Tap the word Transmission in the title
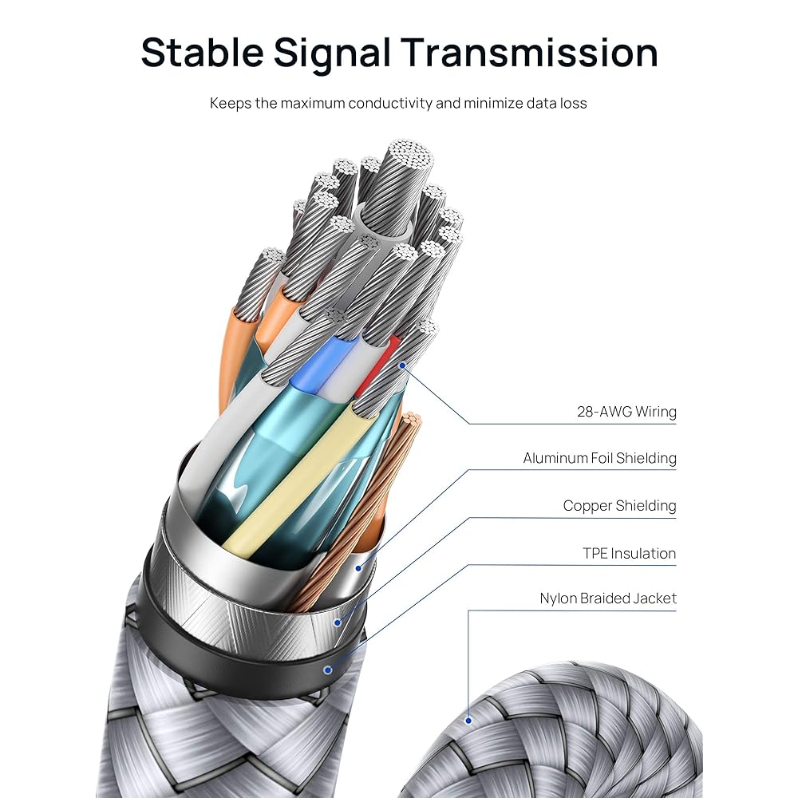point(530,53)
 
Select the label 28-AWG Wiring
point(626,412)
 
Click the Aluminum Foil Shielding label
point(599,458)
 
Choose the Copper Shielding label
point(619,505)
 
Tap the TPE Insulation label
point(629,553)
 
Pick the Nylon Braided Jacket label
point(607,598)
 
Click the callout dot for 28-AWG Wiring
point(403,366)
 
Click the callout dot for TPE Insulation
point(328,670)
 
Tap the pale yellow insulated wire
point(295,479)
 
